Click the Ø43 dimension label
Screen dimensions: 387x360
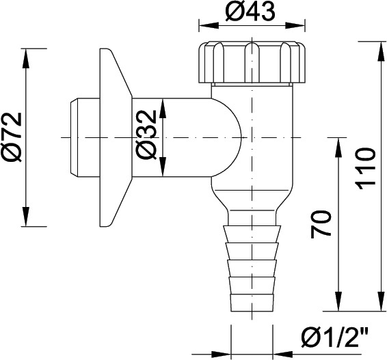coord(250,11)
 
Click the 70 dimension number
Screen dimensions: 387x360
coord(321,224)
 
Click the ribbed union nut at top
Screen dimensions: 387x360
coord(252,62)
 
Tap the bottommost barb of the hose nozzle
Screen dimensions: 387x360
coord(252,303)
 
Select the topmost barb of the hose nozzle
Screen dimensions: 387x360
coord(252,234)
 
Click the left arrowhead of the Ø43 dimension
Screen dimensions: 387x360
coord(209,25)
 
